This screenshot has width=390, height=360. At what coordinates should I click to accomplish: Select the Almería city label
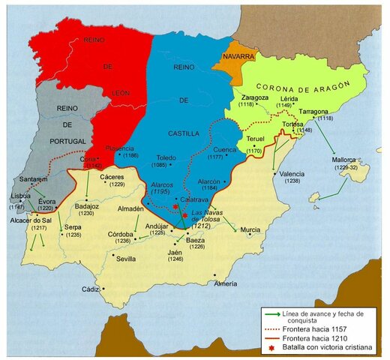pos(226,283)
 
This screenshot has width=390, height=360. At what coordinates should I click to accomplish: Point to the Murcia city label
pos(250,229)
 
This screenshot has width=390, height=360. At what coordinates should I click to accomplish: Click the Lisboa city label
pos(21,196)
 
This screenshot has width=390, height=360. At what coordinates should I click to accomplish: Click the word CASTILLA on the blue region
pos(179,133)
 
